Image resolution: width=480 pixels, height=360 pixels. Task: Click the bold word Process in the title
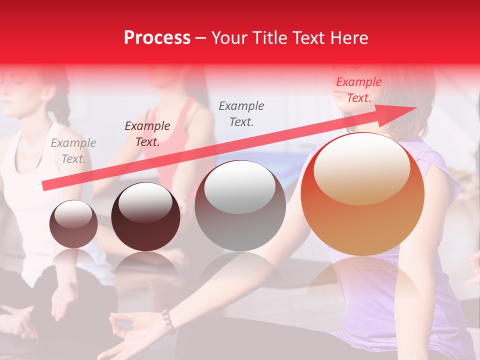click(157, 38)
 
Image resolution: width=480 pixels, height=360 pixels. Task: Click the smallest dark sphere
click(73, 224)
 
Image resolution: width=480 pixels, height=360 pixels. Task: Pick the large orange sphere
click(362, 194)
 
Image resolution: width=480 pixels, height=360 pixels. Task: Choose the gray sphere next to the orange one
click(240, 205)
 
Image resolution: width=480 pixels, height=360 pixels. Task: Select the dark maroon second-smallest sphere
click(145, 216)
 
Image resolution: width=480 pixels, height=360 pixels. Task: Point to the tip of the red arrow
click(415, 107)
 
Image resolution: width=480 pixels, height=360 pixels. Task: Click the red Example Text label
click(358, 90)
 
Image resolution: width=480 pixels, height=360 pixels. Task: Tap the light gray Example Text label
click(73, 151)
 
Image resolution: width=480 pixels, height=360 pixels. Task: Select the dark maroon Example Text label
click(147, 134)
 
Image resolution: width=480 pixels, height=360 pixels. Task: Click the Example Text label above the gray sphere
click(241, 113)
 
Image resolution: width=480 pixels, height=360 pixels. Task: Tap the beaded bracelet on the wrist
click(168, 321)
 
